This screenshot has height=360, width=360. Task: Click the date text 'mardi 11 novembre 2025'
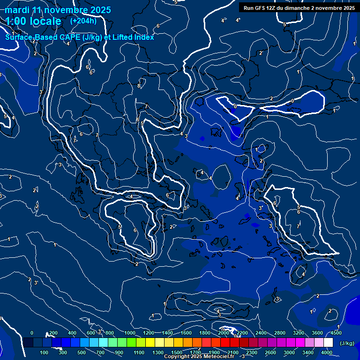tap(58, 10)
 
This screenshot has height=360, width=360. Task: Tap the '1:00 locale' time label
tap(33, 21)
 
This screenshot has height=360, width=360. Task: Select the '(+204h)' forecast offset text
tap(83, 21)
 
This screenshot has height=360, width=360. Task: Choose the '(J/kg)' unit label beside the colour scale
tap(346, 343)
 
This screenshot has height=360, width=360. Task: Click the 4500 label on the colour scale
tap(336, 333)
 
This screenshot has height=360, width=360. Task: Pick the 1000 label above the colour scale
tap(129, 333)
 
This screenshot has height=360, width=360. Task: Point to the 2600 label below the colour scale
tap(271, 352)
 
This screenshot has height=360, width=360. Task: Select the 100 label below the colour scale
tap(44, 352)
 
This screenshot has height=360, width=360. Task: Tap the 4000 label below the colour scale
tap(327, 352)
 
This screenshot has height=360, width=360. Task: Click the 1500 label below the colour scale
tap(177, 352)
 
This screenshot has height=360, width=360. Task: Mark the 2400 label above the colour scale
tap(261, 333)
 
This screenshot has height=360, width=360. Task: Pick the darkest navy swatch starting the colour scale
tap(28, 343)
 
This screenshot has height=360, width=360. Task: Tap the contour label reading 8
tap(138, 86)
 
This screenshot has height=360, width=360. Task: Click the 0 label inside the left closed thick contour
tap(235, 106)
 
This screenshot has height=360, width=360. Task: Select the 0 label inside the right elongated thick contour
tap(292, 101)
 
